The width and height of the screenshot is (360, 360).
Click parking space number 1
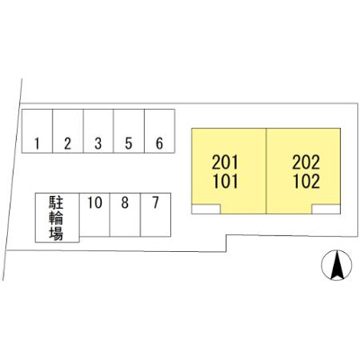pos(37,131)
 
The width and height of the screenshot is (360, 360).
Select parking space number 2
pos(67,131)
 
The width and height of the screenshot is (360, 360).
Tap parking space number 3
pos(98,131)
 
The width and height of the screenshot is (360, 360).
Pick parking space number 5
pos(129,131)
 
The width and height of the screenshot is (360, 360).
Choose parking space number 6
pos(159,131)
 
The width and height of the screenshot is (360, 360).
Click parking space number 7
pos(156,214)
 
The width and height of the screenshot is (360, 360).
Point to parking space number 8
pos(125,214)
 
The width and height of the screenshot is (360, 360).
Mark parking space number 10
pos(94,214)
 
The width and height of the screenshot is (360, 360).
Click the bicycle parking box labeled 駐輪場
pos(58,218)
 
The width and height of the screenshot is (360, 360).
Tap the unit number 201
pos(225,162)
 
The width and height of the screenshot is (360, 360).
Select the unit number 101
pos(225,182)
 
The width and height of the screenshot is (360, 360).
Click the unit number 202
pos(306,162)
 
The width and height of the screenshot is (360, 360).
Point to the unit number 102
pos(306,182)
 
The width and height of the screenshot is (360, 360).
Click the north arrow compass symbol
pos(337,265)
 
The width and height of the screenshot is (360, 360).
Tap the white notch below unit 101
pos(206,209)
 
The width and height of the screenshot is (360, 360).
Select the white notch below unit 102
pos(326,209)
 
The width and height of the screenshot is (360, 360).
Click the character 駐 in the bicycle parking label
pos(56,202)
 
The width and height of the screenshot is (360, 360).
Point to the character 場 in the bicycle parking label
pos(56,233)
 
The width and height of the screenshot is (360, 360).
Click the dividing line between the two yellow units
pos(266,171)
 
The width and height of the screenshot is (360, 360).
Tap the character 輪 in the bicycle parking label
pos(56,218)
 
